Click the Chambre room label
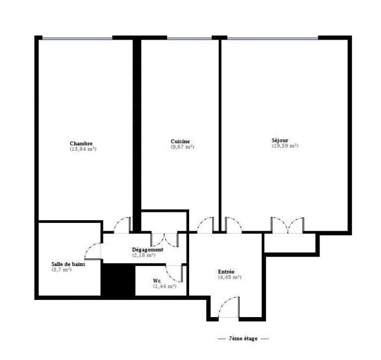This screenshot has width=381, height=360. point(81,144)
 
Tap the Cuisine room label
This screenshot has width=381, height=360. point(180,141)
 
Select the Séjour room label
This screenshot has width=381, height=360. point(280,140)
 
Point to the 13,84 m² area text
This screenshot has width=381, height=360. point(83,149)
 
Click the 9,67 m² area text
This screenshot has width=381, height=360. point(183,147)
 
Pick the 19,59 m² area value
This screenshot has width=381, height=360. point(285,146)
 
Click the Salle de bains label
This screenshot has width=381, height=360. point(68,264)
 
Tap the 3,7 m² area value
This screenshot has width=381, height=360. point(62,270)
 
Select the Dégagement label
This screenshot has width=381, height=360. point(147,250)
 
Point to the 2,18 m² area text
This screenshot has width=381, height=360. point(143,255)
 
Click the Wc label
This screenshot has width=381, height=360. point(157,281)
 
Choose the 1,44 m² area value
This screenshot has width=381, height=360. point(165,286)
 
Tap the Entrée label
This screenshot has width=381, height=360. point(226,272)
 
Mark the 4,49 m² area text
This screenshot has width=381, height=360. point(230,277)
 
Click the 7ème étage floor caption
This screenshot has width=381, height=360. point(243,339)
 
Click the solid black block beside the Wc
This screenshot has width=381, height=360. point(118,280)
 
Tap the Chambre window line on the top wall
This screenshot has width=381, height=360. point(78,38)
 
